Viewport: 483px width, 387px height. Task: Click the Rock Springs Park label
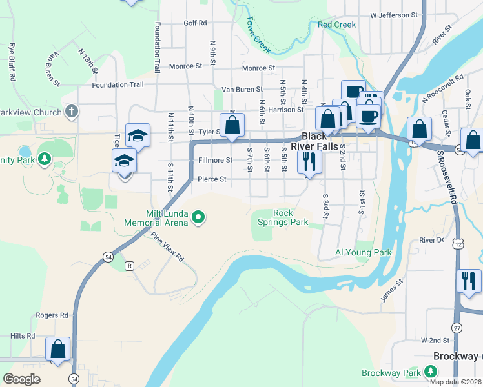pos(283,217)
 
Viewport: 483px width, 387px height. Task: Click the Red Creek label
pos(336,25)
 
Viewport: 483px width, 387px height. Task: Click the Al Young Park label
pos(364,252)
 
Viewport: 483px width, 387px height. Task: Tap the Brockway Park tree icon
pos(430,372)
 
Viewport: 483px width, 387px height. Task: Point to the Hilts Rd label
pos(22,336)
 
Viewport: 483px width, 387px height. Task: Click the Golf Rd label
pos(194,23)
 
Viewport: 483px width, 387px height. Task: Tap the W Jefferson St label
pos(394,14)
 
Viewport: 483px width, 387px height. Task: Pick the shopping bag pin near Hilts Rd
pos(57,348)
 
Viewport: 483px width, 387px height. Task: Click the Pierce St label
pos(212,179)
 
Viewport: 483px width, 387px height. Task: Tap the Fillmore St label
pos(215,159)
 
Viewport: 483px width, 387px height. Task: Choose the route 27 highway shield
pos(456,327)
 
